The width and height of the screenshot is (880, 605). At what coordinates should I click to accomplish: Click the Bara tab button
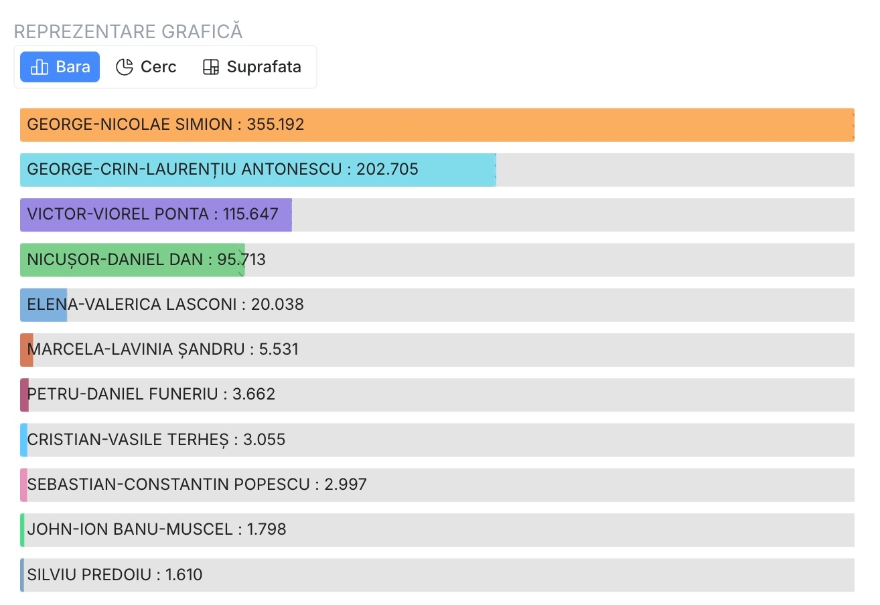point(60,67)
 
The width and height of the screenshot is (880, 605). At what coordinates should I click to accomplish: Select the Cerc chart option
point(146,67)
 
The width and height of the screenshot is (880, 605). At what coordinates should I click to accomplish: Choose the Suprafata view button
point(252,67)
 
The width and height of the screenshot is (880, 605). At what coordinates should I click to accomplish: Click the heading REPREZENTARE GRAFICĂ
point(128,31)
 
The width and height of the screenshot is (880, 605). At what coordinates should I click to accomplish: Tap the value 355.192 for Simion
point(275,124)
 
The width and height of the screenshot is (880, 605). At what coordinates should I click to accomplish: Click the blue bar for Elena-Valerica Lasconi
point(44,305)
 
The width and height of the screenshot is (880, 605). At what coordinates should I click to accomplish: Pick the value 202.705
point(387,170)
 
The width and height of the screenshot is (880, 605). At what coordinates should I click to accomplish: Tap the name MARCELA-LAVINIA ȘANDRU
point(136,349)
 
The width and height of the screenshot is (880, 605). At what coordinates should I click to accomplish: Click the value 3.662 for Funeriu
point(253,394)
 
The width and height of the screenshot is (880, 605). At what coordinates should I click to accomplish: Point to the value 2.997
point(346,485)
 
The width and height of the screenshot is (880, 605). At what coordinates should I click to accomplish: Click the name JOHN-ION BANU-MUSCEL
point(130,529)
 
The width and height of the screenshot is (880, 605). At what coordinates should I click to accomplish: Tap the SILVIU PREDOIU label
point(89,575)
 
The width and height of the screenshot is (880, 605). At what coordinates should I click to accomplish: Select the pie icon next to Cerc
point(125,67)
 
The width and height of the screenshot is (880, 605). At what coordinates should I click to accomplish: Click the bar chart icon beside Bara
point(40,67)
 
